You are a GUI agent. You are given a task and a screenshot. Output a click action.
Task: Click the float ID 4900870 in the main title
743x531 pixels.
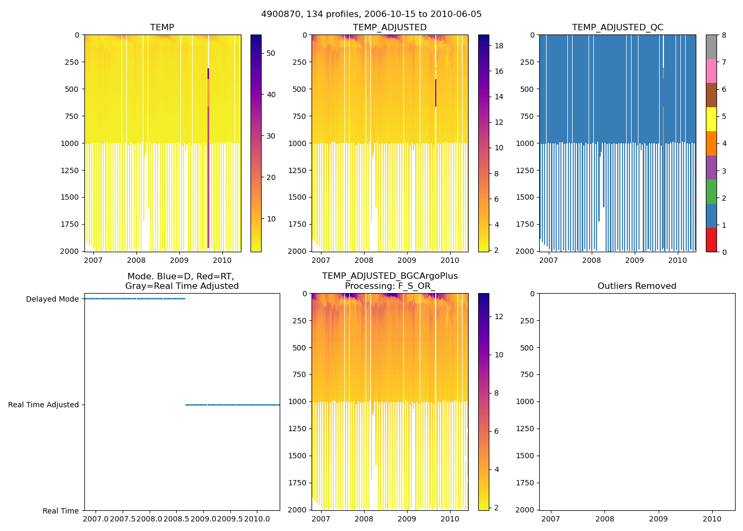click(279, 14)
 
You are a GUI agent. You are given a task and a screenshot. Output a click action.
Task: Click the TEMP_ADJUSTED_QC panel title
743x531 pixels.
click(617, 27)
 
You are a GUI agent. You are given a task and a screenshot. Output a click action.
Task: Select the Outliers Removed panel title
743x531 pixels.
click(636, 286)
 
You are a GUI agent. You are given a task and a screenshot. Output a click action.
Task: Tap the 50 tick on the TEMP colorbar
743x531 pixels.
click(271, 53)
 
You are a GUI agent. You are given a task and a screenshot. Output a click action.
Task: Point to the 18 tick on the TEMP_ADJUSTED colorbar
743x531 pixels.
click(498, 46)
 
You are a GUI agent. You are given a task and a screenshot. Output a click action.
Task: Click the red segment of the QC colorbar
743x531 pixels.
click(711, 240)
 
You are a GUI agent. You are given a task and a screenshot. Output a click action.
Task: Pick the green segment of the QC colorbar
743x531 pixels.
click(711, 192)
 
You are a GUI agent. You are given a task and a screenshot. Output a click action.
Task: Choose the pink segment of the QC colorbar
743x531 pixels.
click(711, 71)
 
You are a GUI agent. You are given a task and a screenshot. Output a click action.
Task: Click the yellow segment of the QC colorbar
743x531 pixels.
click(711, 119)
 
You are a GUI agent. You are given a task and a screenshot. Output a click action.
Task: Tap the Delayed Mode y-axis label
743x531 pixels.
click(52, 299)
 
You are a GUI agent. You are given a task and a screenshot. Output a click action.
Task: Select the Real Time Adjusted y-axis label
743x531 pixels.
click(43, 405)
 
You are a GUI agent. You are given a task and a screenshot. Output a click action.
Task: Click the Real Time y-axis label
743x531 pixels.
click(61, 511)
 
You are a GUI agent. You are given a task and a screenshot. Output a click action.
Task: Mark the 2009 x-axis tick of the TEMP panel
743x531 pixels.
click(179, 260)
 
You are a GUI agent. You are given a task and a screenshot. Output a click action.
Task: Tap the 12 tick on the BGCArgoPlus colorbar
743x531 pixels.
click(498, 316)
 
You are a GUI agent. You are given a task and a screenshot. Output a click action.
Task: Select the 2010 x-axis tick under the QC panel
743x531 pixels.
click(677, 260)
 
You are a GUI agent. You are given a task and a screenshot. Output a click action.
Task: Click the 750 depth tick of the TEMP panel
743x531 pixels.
click(72, 116)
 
